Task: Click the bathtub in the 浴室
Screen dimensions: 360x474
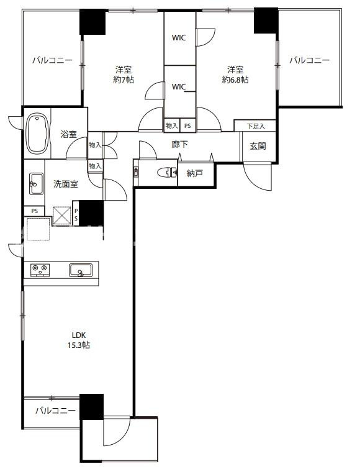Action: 37,134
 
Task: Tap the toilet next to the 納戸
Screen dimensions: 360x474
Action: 167,173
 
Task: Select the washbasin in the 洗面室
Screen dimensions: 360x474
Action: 36,183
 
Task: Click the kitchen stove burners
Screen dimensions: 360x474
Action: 40,270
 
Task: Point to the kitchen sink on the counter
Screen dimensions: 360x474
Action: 81,270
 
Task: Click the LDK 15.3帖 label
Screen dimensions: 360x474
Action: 79,340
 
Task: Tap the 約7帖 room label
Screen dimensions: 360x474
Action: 124,75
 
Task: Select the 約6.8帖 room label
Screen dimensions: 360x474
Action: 235,75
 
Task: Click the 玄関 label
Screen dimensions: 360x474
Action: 258,147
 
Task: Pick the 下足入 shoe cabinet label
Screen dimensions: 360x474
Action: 256,126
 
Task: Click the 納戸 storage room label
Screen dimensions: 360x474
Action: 195,173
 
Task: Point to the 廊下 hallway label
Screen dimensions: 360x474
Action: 180,145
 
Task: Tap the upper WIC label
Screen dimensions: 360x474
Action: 179,38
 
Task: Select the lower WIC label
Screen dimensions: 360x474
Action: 179,87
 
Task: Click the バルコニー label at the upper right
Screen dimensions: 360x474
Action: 309,60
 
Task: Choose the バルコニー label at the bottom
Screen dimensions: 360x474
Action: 55,411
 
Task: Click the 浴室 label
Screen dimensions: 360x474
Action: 68,134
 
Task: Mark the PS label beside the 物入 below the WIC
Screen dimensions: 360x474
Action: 187,125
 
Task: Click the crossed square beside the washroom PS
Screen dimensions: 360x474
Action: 61,216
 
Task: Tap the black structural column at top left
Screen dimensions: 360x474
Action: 92,22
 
